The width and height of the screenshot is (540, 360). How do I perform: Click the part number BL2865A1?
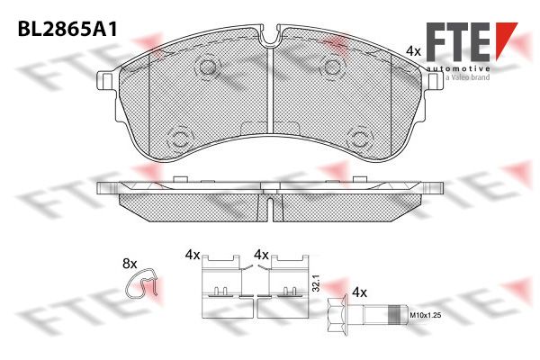[67, 31]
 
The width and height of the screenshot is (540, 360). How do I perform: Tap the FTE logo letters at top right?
[458, 41]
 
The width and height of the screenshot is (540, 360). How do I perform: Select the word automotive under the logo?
[458, 68]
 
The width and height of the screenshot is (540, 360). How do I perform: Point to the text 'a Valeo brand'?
[467, 77]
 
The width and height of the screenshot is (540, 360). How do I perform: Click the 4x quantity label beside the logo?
[413, 51]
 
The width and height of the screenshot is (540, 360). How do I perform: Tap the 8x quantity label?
[130, 265]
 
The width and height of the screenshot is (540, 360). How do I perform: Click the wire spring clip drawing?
[142, 283]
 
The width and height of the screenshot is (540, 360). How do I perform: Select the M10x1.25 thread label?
[426, 314]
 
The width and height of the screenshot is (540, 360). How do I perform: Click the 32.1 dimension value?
[317, 283]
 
